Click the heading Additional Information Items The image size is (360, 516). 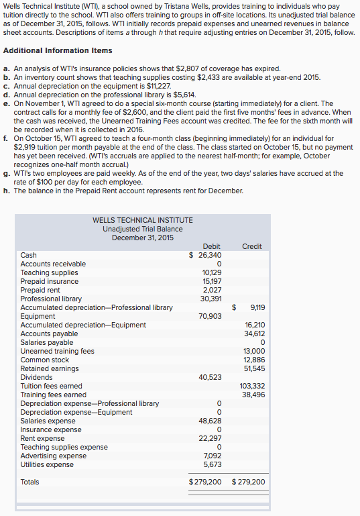(x=58, y=51)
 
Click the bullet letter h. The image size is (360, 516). (x=7, y=190)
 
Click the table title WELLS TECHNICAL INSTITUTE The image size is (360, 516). (x=142, y=220)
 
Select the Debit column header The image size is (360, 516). (x=211, y=246)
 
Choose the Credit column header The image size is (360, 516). (x=251, y=246)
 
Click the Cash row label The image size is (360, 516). (x=29, y=255)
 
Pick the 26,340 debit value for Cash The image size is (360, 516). (x=209, y=255)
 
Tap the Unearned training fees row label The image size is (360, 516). (x=57, y=351)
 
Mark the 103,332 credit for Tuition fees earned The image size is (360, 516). (x=252, y=386)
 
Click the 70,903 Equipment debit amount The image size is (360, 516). (x=211, y=316)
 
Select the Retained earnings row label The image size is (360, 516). (x=50, y=368)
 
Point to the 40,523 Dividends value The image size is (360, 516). (x=211, y=377)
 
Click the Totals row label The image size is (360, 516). (x=30, y=482)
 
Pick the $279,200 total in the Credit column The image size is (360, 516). (x=248, y=482)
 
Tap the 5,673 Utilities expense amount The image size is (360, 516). (x=213, y=464)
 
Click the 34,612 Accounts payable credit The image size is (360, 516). (x=254, y=333)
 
